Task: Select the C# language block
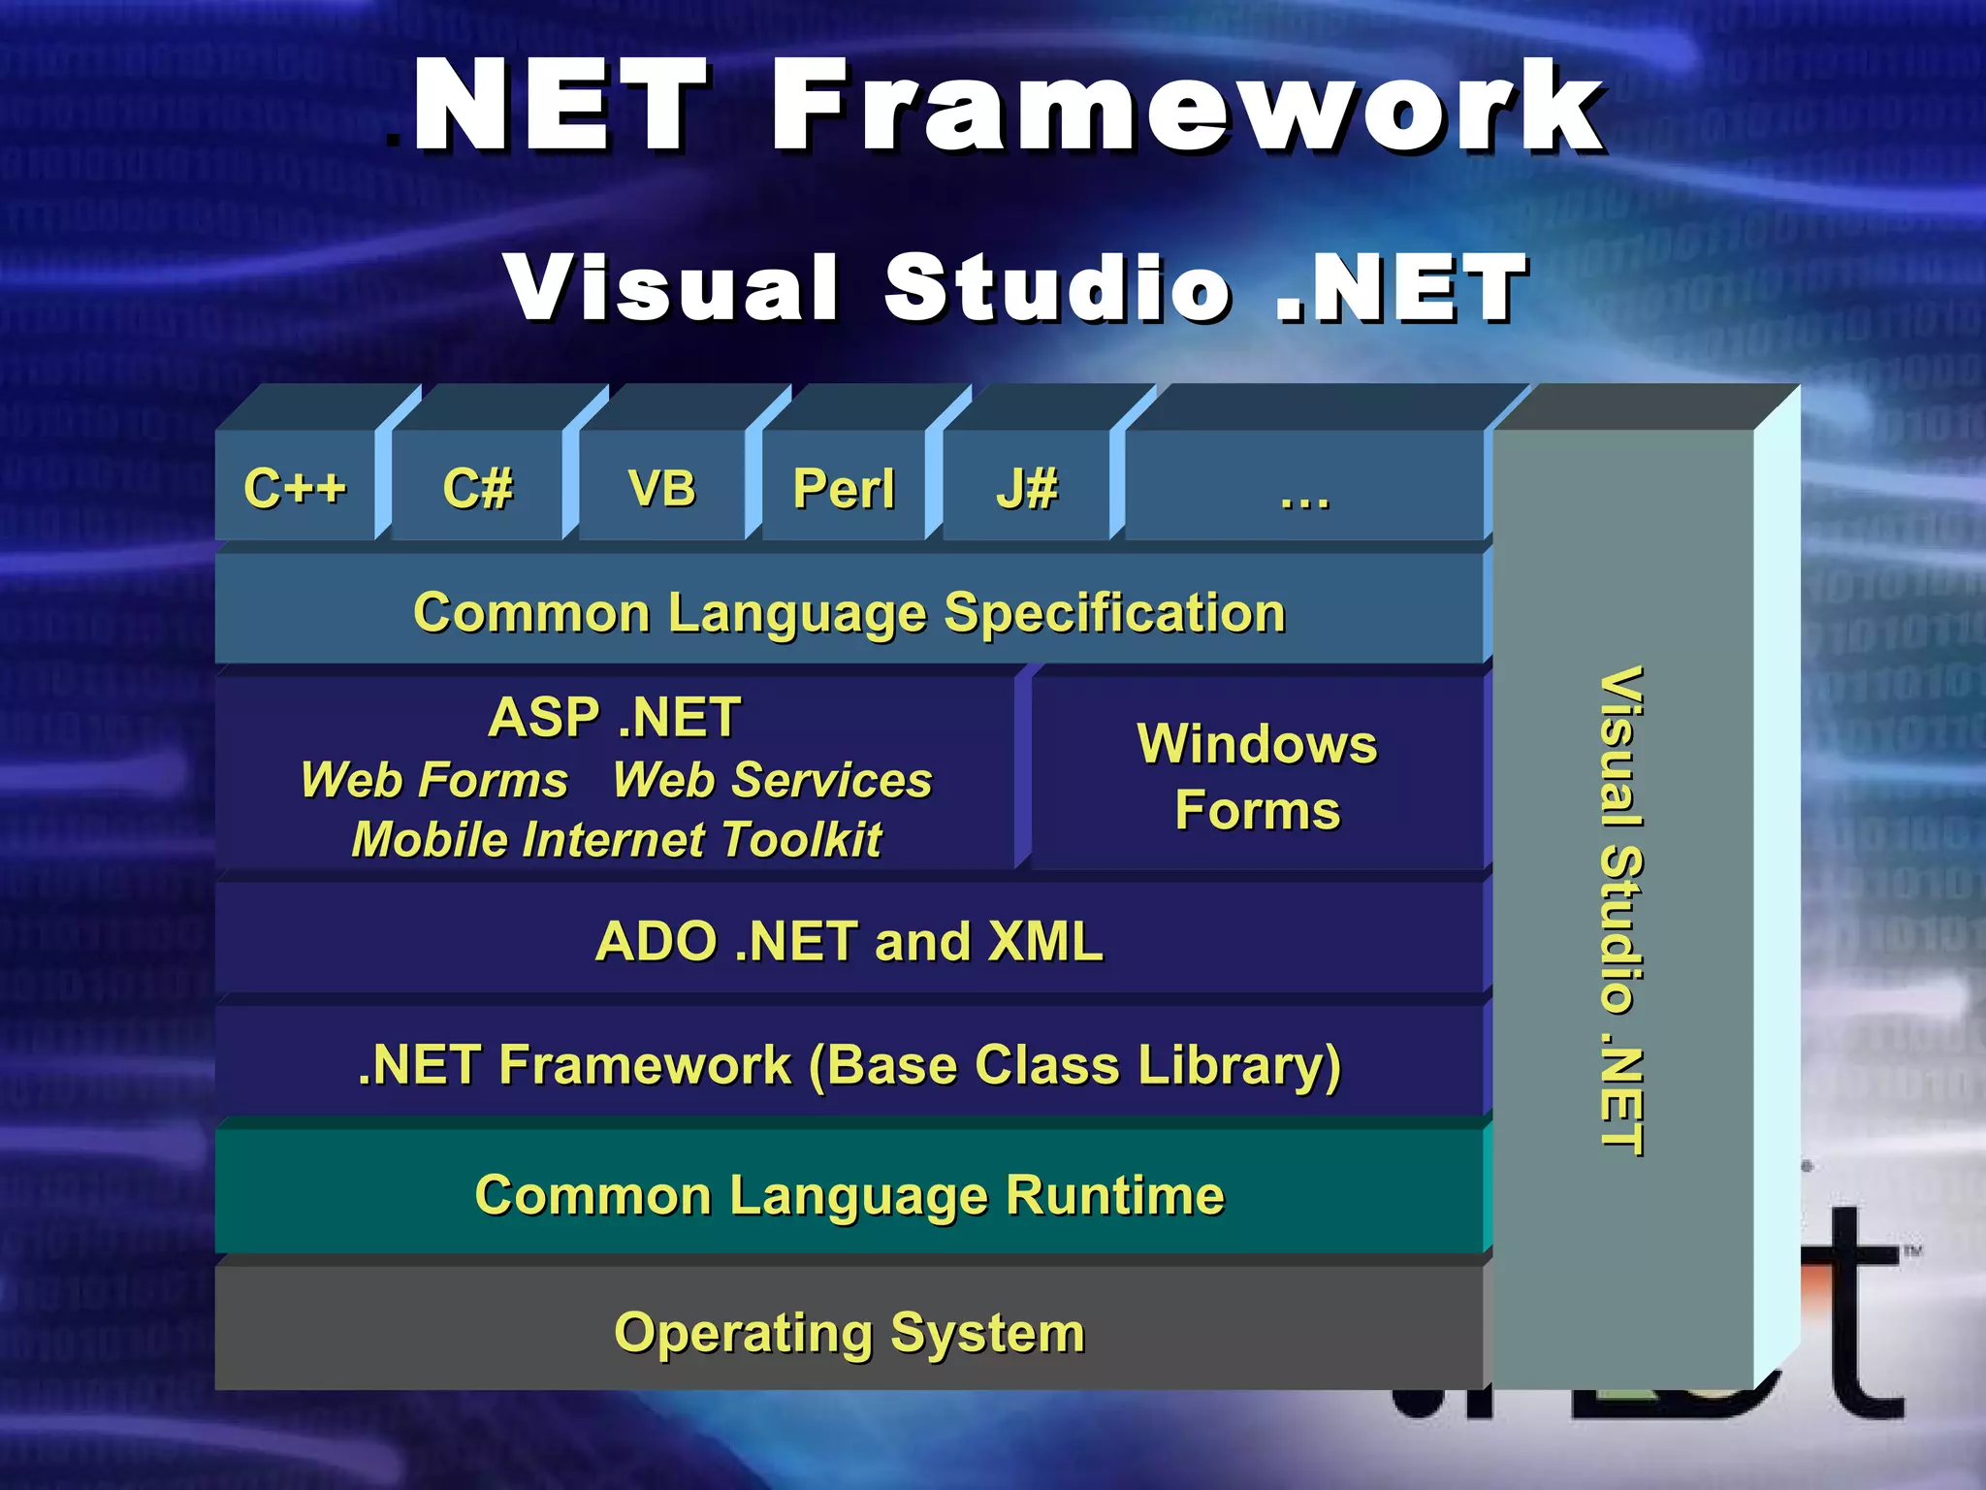pyautogui.click(x=477, y=487)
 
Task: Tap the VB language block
pyautogui.click(x=661, y=487)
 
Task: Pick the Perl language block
pyautogui.click(x=844, y=488)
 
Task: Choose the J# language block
pyautogui.click(x=1026, y=487)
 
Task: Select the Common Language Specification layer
pyautogui.click(x=849, y=612)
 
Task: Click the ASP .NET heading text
pyautogui.click(x=615, y=717)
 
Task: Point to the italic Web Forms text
pyautogui.click(x=433, y=780)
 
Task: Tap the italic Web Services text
pyautogui.click(x=772, y=780)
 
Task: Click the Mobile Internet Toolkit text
pyautogui.click(x=617, y=839)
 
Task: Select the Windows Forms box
pyautogui.click(x=1257, y=776)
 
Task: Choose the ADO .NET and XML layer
pyautogui.click(x=849, y=941)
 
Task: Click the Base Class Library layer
pyautogui.click(x=849, y=1064)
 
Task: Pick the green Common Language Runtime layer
pyautogui.click(x=849, y=1194)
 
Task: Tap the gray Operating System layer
pyautogui.click(x=849, y=1332)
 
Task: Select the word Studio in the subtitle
pyautogui.click(x=1057, y=287)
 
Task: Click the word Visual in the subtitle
pyautogui.click(x=671, y=287)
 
